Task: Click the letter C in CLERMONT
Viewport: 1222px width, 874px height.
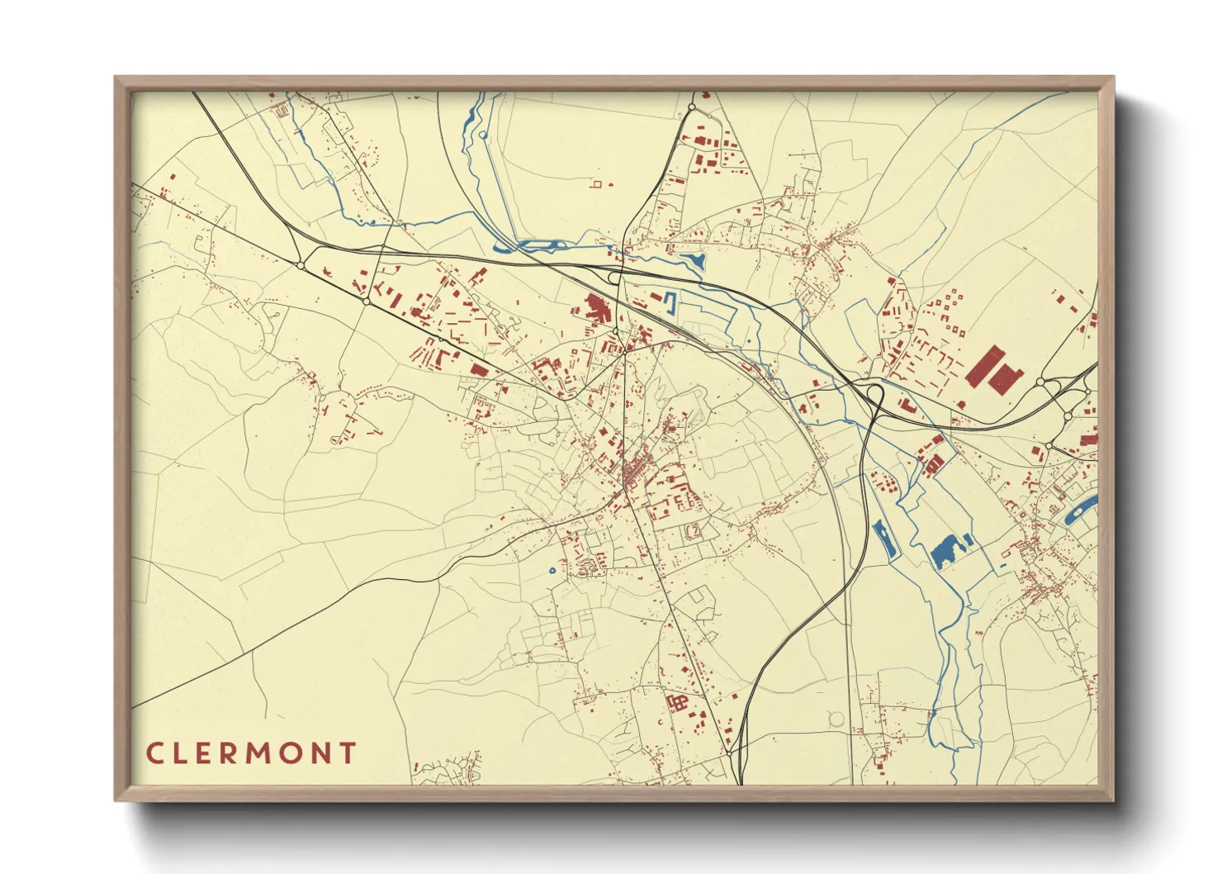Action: (154, 753)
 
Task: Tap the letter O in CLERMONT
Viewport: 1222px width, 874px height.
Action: (293, 753)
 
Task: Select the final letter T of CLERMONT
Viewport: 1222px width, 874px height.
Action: (348, 753)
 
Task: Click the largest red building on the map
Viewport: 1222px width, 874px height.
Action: (993, 368)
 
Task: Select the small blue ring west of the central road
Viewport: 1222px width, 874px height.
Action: (552, 570)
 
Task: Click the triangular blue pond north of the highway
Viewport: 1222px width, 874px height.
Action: (696, 260)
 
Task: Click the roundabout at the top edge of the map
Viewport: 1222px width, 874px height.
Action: (692, 107)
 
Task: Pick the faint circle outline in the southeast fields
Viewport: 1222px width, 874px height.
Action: (836, 720)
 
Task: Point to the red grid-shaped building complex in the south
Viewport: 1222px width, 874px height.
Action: (677, 704)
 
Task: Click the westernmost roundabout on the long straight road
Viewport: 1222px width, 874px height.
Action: (301, 265)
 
